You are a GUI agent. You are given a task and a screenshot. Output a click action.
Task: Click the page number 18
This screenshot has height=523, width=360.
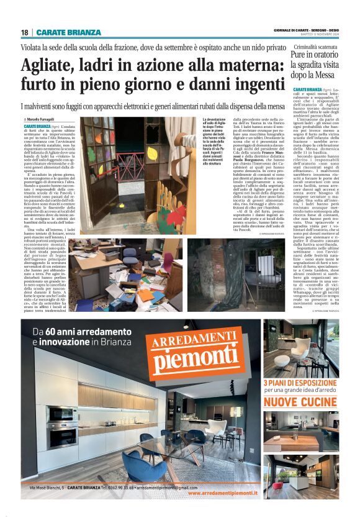[24, 32]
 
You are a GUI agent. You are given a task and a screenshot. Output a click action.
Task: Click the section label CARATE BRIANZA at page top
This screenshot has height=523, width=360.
[68, 32]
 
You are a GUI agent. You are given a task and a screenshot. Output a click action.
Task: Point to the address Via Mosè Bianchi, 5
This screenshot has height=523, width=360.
[54, 488]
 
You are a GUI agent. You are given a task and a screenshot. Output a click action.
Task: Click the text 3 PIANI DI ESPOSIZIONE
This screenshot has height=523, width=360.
[299, 383]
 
